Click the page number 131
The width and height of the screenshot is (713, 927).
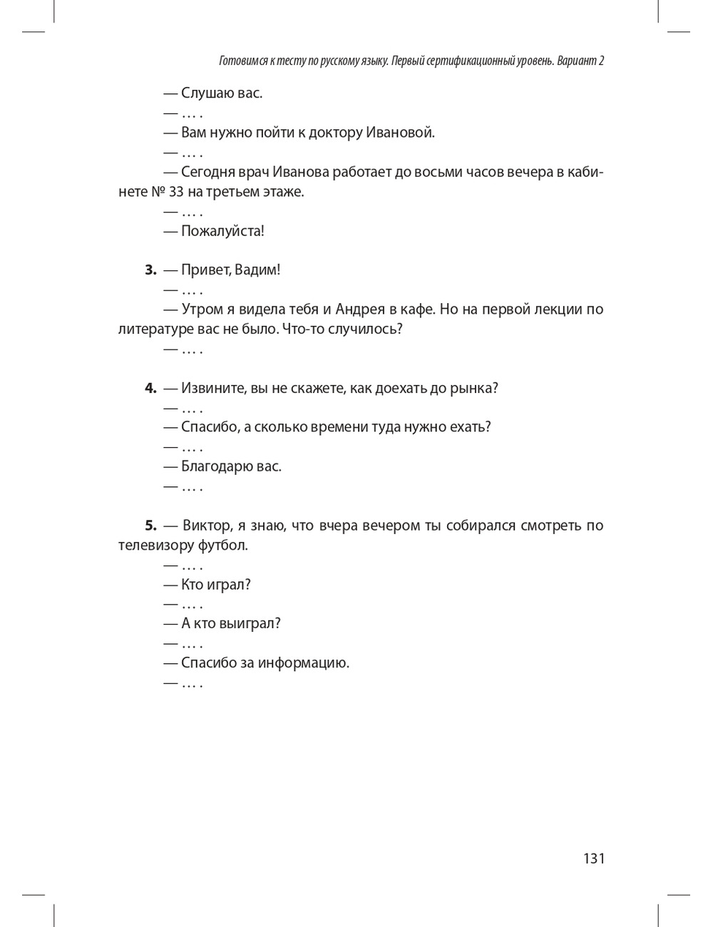(x=593, y=858)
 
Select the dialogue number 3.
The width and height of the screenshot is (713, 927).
(x=150, y=270)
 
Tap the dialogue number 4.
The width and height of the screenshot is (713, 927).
(x=150, y=388)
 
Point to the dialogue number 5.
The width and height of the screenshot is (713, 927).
(x=150, y=526)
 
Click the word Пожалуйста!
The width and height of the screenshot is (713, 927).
(x=222, y=231)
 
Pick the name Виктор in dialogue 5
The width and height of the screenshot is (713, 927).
(x=206, y=526)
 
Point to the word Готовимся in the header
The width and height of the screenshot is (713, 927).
(x=242, y=61)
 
